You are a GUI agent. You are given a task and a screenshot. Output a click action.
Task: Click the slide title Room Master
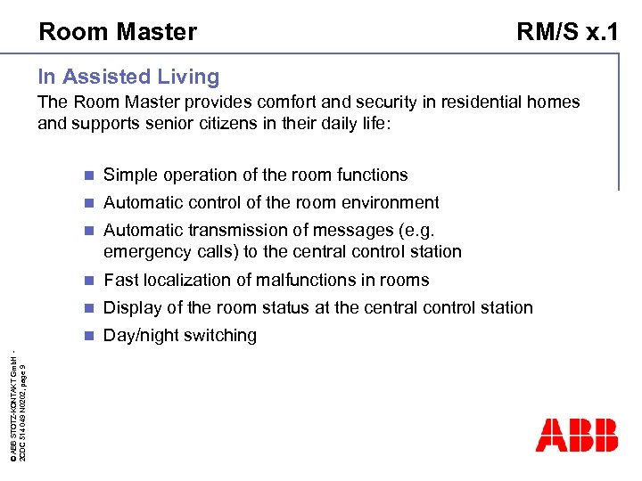coord(117,32)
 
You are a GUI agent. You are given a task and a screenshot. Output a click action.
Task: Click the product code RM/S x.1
coord(567,32)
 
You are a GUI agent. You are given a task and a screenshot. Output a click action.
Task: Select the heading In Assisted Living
coord(128,77)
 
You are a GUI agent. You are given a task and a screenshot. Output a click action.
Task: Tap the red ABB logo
coord(576,435)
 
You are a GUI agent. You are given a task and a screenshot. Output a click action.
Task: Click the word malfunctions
coord(299,281)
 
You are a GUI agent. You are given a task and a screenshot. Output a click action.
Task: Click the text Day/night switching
coord(180,336)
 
